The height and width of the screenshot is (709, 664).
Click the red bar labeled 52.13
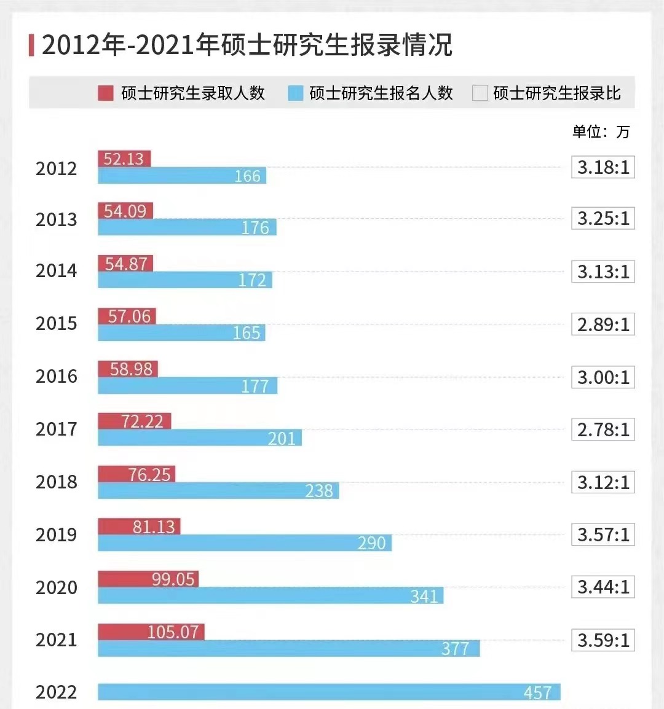[124, 159]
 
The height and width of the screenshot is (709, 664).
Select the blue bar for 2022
[329, 692]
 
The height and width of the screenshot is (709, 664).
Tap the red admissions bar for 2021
[151, 632]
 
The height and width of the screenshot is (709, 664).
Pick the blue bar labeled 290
[245, 543]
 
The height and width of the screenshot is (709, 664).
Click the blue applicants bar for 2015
[181, 332]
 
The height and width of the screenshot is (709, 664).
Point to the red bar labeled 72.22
[135, 421]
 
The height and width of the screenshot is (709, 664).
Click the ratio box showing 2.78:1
[603, 429]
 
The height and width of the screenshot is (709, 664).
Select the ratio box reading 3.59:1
[603, 640]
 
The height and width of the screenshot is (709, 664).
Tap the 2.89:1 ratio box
[603, 324]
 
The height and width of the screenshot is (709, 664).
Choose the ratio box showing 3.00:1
[603, 377]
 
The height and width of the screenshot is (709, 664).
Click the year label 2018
[57, 482]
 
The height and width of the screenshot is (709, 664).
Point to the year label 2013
[57, 219]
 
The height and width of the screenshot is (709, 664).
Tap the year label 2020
[57, 587]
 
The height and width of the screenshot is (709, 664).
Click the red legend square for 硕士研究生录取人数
[106, 93]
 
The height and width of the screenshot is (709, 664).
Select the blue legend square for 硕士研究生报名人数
[296, 93]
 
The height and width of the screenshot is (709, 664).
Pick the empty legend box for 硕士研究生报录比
[480, 93]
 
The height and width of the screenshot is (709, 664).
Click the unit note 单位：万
[601, 131]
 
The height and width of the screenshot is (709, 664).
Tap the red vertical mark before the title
[31, 45]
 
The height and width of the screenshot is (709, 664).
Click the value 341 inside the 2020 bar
[424, 596]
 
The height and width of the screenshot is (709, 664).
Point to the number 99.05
[173, 579]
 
